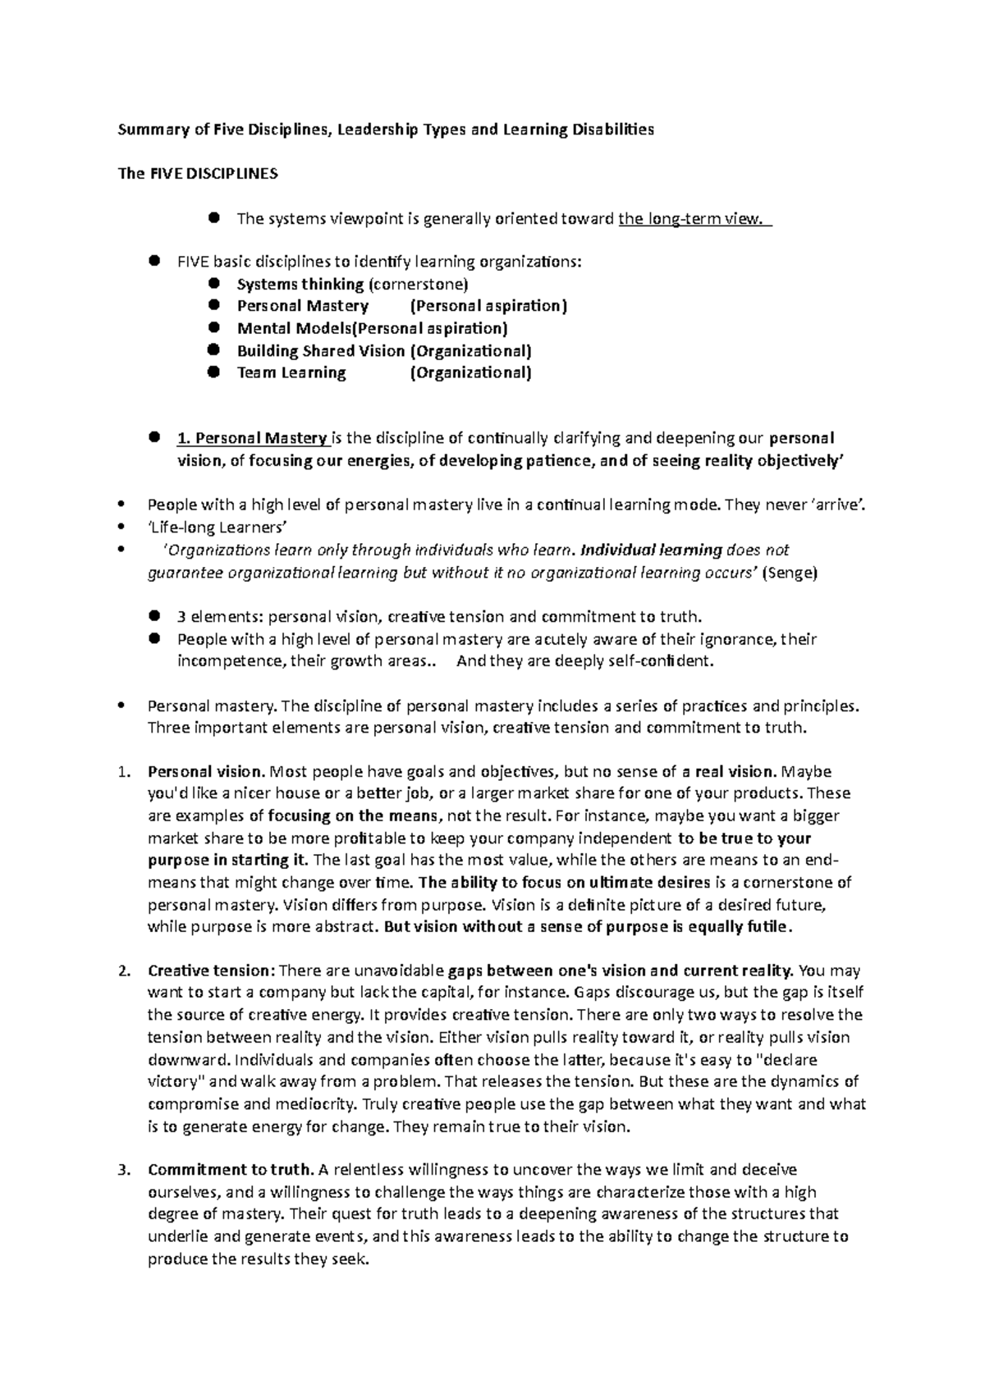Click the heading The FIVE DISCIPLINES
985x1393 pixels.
point(199,174)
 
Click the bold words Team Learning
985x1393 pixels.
point(291,373)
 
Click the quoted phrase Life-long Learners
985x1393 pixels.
point(218,528)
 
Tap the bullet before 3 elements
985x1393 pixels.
point(154,616)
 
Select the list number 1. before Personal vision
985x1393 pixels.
point(124,772)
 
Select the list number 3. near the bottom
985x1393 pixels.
point(124,1170)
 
